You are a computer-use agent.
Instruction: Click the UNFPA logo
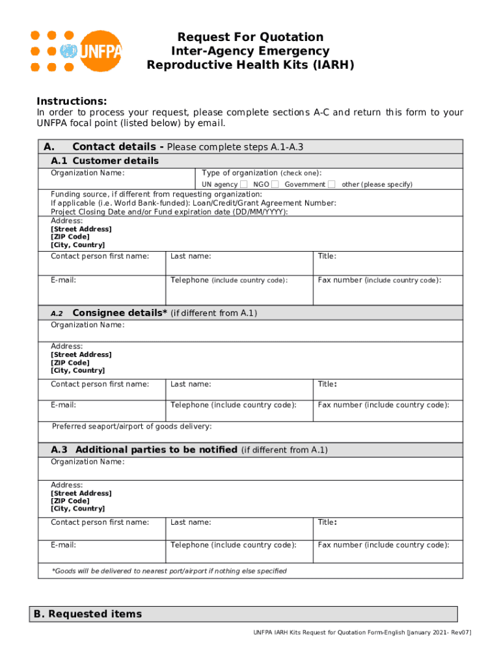76,51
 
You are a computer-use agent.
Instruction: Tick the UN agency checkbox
243,185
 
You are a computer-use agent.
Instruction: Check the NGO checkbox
275,185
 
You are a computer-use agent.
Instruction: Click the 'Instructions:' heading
72,101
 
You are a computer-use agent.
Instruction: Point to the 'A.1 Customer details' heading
105,161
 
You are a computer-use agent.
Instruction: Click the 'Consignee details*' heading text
120,313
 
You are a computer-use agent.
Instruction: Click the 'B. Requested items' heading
87,614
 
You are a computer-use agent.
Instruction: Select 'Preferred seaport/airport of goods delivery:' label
131,427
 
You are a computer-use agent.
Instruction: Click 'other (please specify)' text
377,185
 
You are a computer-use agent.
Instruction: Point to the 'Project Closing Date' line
169,212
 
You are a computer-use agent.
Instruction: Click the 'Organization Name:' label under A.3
88,462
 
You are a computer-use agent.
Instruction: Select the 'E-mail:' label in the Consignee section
63,405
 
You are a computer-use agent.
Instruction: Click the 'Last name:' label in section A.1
191,256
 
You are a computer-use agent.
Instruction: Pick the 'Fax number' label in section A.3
383,545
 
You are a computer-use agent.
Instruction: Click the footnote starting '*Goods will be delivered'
169,571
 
